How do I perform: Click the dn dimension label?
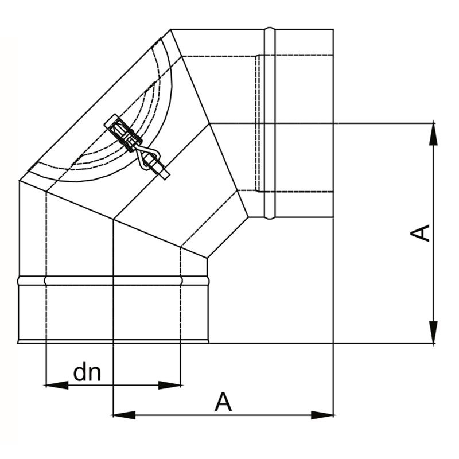pyautogui.click(x=87, y=373)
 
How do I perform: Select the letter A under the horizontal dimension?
pyautogui.click(x=223, y=402)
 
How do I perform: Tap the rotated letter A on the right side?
pyautogui.click(x=422, y=233)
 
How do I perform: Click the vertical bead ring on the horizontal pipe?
pyautogui.click(x=270, y=123)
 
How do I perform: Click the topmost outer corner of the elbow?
pyautogui.click(x=172, y=29)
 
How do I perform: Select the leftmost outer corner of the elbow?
pyautogui.click(x=20, y=181)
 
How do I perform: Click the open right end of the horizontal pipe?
pyautogui.click(x=333, y=123)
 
